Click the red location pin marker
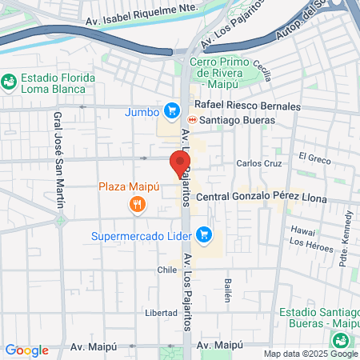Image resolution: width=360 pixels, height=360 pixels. point(178,163)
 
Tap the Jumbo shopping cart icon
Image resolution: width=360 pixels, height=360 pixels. point(170,111)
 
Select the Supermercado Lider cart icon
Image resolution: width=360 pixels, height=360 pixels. point(205,234)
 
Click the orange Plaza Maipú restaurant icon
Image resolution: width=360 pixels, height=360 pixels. point(138,206)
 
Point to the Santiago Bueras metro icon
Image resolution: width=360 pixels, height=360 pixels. point(192,120)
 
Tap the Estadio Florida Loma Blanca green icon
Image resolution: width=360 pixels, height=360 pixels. point(10,81)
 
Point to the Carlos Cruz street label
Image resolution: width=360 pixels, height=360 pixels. point(259,163)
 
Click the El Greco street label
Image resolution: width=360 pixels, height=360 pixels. point(314,159)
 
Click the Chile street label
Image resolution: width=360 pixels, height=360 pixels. point(166,270)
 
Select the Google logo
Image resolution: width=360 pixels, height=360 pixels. point(26,350)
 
